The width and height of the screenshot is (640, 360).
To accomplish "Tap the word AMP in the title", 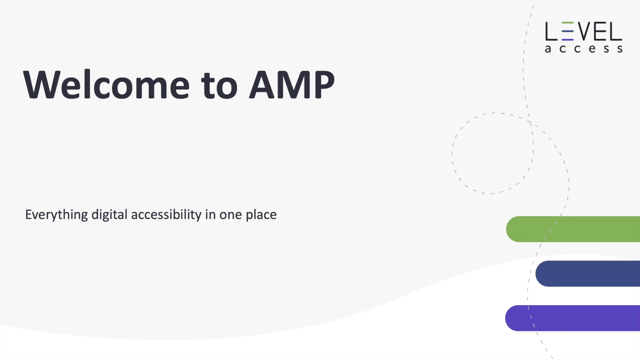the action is click(292, 85).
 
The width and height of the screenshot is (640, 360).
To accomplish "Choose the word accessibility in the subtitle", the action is click(166, 215).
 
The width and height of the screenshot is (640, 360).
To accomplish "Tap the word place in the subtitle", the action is click(261, 215).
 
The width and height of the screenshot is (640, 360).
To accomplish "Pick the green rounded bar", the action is click(573, 229).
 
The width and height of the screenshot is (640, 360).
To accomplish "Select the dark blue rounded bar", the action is click(588, 274).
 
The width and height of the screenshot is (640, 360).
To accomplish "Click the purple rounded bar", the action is click(573, 318).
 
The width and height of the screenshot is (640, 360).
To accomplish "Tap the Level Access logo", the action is click(584, 37).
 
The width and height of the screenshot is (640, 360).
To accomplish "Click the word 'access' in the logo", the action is click(584, 49).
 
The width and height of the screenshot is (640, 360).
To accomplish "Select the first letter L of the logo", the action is click(551, 31).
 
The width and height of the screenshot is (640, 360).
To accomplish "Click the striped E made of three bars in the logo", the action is click(568, 31).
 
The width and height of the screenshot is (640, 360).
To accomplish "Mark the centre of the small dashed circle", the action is click(493, 153).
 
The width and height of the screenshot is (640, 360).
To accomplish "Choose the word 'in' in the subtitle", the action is click(210, 215).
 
